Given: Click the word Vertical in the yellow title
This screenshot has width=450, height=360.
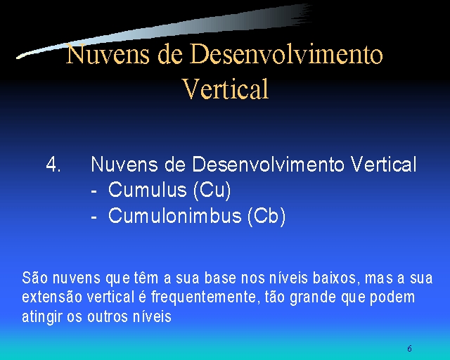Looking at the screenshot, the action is (x=226, y=89).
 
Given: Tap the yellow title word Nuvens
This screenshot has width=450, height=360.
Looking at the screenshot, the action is (x=108, y=54).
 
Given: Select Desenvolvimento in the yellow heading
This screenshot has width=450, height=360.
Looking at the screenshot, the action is (x=286, y=54).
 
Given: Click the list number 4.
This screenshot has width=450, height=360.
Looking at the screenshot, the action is (x=53, y=165).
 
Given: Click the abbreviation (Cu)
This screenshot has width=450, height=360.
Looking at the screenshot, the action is (x=212, y=191).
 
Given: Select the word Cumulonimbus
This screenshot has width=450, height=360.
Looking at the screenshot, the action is (x=174, y=216).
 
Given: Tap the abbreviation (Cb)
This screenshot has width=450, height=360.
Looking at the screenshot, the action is (x=266, y=217).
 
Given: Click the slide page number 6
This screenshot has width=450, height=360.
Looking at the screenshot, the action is (x=409, y=349).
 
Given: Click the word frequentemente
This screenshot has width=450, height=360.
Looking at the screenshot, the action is (x=203, y=298).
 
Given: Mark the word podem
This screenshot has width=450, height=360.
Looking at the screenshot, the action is (x=392, y=298).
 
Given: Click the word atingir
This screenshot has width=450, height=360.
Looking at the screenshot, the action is (x=42, y=317).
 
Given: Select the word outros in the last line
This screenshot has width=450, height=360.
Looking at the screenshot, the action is (x=108, y=317).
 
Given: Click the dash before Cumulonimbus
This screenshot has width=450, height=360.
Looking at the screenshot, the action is (x=94, y=217).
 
